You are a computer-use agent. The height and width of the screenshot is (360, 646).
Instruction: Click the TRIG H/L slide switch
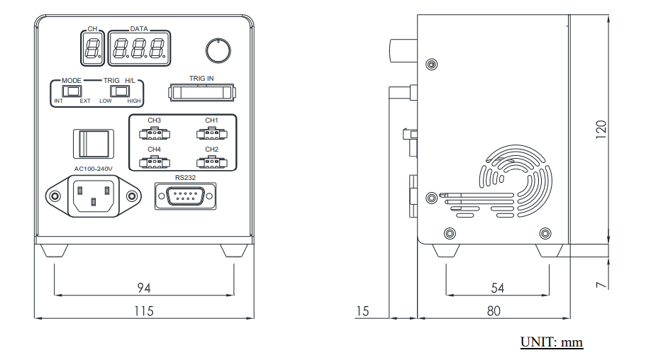pos(128,91)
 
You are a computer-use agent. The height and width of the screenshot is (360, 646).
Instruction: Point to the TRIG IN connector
pos(201,92)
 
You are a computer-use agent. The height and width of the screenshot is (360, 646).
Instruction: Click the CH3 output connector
pos(154,133)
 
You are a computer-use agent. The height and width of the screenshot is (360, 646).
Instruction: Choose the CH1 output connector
pos(211,133)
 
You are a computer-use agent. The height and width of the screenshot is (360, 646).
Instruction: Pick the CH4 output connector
pos(154,162)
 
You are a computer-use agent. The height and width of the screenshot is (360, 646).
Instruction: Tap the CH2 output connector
pos(211,162)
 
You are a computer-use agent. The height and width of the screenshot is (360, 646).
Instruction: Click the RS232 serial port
pos(185,196)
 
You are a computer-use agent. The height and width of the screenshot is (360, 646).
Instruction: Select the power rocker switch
pos(94,144)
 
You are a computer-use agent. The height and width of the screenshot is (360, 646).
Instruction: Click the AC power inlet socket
pos(93,196)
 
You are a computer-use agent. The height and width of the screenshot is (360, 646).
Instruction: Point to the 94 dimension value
pos(144,288)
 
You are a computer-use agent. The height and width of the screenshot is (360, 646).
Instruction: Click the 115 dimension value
pos(144,310)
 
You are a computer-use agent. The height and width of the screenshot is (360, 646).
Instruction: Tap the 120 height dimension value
pos(601,128)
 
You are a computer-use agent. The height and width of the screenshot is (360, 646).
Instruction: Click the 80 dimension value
pos(494,310)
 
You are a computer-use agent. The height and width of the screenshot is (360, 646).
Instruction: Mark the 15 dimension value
pos(363,310)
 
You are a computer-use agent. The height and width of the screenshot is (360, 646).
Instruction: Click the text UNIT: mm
pos(552,342)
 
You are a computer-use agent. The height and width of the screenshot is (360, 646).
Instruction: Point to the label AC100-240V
pos(94,169)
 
